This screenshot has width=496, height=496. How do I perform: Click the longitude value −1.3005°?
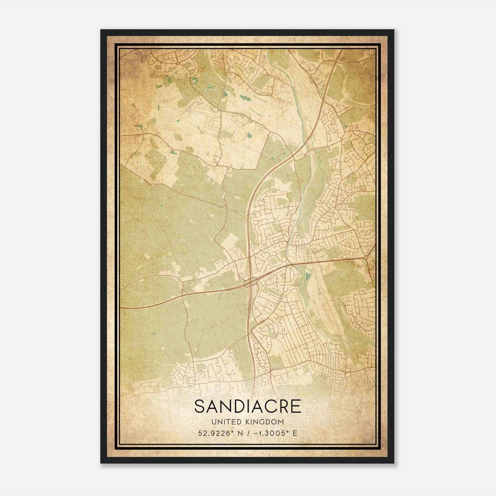[x=269, y=433]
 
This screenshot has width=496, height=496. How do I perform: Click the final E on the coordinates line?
[x=295, y=433]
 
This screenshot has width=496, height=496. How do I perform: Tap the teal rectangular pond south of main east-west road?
[x=308, y=276]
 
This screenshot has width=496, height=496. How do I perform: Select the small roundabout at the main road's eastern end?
[x=366, y=258]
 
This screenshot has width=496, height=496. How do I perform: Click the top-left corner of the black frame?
[x=101, y=30]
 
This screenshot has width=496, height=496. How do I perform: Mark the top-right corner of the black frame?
[x=394, y=30]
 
